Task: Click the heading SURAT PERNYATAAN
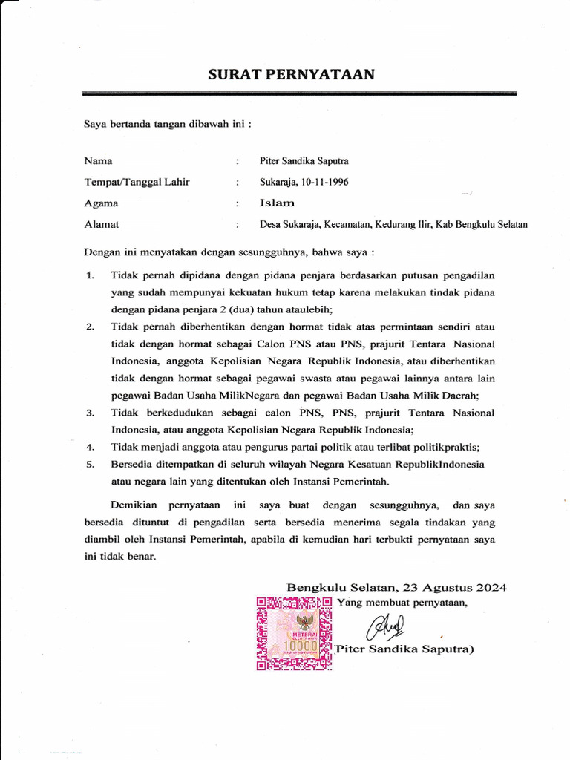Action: [291, 74]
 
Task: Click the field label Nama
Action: [98, 161]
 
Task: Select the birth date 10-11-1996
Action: [324, 182]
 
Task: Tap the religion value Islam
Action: [277, 203]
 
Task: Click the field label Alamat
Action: [102, 224]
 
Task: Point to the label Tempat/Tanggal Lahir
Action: [137, 182]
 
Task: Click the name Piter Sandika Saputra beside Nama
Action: [304, 161]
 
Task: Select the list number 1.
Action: [90, 275]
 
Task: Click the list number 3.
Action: [90, 413]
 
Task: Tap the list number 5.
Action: [90, 465]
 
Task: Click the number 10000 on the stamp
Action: [301, 647]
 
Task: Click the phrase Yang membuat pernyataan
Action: [402, 602]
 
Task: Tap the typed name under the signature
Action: [404, 649]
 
